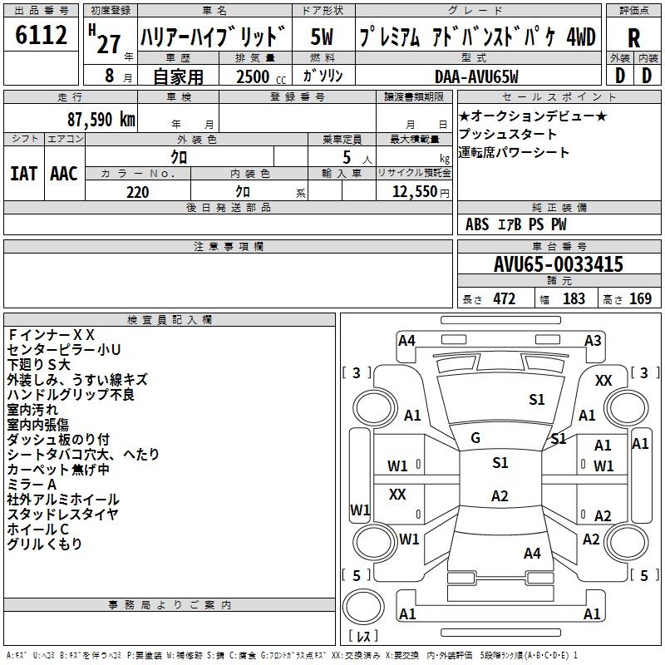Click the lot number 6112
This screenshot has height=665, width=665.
click(41, 35)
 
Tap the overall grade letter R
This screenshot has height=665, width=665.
click(633, 38)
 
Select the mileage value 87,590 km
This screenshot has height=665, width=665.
click(101, 120)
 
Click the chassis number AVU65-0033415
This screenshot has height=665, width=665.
click(559, 264)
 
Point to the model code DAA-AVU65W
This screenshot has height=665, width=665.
click(476, 76)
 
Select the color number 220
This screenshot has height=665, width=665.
click(137, 192)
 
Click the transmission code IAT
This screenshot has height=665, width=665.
click(23, 174)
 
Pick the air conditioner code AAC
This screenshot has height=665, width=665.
click(64, 174)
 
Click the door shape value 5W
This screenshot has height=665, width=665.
click(322, 37)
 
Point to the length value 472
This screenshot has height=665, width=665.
click(505, 298)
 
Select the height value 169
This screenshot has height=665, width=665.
click(640, 298)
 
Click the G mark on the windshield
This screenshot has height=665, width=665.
click(475, 438)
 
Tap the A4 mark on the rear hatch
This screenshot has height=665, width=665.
click(532, 553)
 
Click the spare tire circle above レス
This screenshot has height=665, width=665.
click(363, 606)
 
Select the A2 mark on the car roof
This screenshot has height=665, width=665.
click(500, 495)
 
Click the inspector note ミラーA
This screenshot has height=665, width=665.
click(32, 485)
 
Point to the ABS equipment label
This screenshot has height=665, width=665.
click(477, 224)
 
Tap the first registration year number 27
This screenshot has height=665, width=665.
click(109, 45)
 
